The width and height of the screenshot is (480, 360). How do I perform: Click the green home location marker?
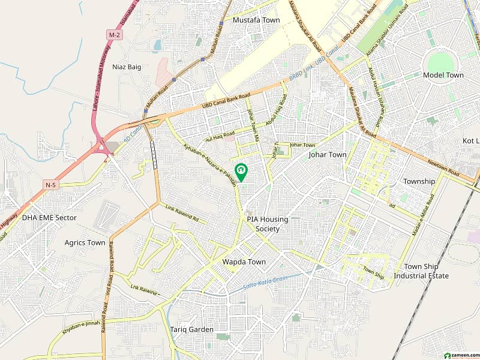[x=241, y=172]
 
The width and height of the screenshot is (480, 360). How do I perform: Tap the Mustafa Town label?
[x=256, y=20]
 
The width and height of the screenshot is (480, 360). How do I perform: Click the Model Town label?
[x=443, y=76]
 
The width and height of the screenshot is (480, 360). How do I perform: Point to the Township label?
[x=419, y=181]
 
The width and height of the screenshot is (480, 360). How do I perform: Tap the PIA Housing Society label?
[x=268, y=224]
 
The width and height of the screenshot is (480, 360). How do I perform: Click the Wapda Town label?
[x=244, y=262]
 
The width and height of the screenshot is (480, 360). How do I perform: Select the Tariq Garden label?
[x=191, y=329]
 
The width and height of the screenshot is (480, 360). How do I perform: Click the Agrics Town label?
[x=85, y=243]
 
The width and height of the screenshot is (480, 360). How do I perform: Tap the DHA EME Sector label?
[x=49, y=218]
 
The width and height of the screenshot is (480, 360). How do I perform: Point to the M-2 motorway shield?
[x=114, y=35]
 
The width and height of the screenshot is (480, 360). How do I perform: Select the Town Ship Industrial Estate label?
[x=421, y=271]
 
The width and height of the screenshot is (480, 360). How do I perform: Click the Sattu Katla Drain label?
[x=266, y=283]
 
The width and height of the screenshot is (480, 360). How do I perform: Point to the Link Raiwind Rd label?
[x=182, y=212]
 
